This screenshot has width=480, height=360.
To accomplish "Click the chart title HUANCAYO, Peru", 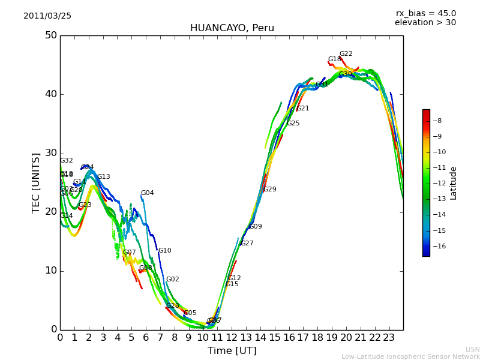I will click(x=232, y=28).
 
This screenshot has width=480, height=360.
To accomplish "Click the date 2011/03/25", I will click(x=47, y=16).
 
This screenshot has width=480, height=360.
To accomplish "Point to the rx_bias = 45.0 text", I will click(x=425, y=14).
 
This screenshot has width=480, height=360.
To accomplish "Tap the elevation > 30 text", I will click(x=425, y=23).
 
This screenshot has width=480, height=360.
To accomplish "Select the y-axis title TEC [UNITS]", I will click(x=36, y=182).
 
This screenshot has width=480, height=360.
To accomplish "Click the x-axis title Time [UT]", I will click(x=232, y=351).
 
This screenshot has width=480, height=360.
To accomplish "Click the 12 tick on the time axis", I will click(x=232, y=338).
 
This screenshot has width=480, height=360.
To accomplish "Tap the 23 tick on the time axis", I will click(x=389, y=338).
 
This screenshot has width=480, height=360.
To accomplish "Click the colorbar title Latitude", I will click(x=454, y=183).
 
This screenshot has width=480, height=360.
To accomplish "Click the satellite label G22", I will click(x=346, y=54).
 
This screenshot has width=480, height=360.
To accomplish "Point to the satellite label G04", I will click(x=147, y=193).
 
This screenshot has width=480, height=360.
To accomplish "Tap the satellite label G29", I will click(x=270, y=190).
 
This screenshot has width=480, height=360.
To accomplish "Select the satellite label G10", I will click(x=164, y=251).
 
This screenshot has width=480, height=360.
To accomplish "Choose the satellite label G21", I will click(x=303, y=109).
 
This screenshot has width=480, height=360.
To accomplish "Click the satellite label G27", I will click(x=247, y=244).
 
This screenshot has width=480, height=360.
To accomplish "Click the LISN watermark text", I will click(x=472, y=349).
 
